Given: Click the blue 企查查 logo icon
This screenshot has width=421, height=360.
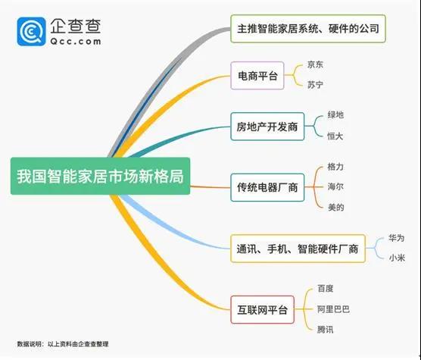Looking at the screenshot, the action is coord(31,31).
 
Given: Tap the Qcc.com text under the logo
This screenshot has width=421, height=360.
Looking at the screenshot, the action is coord(76,42).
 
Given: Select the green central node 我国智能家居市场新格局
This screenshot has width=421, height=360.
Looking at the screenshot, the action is coord(100,176).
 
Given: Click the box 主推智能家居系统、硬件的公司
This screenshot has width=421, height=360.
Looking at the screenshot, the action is coord(308,29).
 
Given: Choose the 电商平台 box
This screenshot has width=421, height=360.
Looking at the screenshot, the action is coord(257,76).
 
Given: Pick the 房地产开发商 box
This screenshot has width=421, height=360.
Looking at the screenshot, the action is coord(267,127).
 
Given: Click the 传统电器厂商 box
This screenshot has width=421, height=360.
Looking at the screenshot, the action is coord(267,187).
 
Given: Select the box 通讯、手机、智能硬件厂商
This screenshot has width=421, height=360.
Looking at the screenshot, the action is coord(298,249).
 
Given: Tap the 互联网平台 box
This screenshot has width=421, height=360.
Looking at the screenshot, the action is coord(262,310).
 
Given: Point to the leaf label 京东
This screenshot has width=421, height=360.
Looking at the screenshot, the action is coord(315,64).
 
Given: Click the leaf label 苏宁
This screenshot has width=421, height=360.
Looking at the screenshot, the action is coord(315,85).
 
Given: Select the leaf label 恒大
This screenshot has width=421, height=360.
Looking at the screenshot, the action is coord(335,136).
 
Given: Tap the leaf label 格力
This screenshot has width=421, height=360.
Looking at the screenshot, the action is coord(335,167).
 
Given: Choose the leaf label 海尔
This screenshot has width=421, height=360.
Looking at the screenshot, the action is coord(335,186).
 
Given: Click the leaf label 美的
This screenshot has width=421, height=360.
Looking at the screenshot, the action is coord(336,207).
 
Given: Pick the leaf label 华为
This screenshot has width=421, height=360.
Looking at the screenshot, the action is coord(396,238).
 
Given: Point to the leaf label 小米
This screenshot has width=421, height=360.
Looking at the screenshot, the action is coord(397,258).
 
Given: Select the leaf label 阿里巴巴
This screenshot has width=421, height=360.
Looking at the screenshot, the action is coord(333,309).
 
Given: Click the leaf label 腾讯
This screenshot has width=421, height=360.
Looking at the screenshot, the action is coord(325,330).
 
